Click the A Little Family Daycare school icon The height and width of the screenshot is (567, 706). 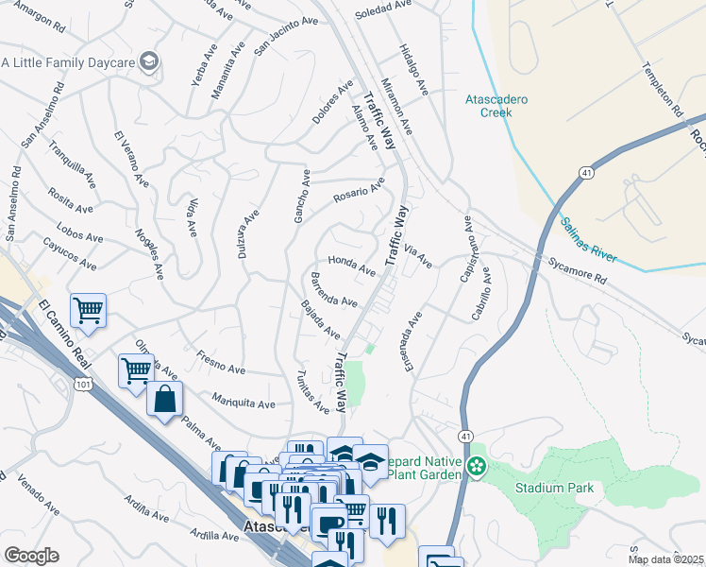(148, 62)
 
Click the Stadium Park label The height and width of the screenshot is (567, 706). (554, 488)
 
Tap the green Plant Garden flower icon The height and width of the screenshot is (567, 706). (478, 467)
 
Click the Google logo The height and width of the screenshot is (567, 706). (31, 556)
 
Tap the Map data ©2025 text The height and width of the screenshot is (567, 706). (665, 559)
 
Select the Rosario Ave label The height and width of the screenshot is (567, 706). (358, 191)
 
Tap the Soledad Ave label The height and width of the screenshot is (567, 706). (383, 11)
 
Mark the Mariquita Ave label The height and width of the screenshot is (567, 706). (244, 402)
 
